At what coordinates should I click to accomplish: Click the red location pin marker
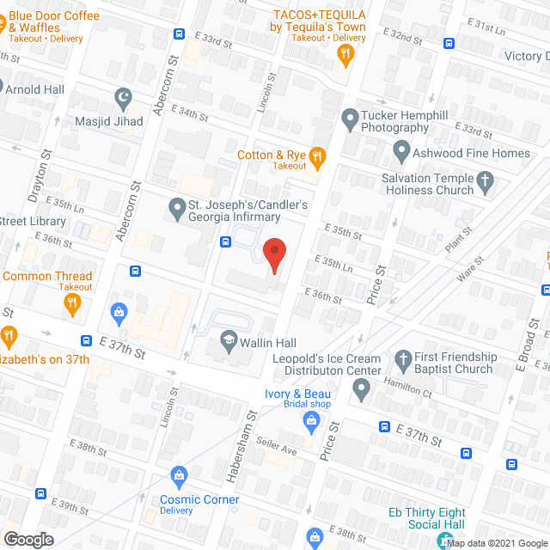point(273,254)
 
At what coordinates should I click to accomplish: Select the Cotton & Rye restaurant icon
point(317,156)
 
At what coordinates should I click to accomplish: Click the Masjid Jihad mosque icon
point(122,97)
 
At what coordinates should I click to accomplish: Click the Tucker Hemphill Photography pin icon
point(350,117)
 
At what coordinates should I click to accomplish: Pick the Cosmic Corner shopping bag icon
point(179,474)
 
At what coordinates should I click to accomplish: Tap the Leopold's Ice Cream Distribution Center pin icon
point(361,392)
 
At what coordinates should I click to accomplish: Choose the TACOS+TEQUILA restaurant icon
point(345,55)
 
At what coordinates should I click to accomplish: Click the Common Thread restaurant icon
point(73,302)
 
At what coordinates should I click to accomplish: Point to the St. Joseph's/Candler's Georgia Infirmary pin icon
point(177,207)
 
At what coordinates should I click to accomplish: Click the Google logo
point(27,539)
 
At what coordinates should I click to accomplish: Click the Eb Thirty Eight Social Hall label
point(426,518)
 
